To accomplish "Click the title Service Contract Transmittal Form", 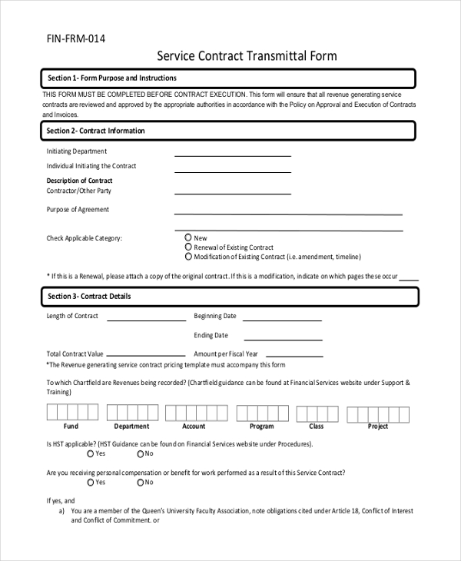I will [247, 56].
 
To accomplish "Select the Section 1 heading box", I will [228, 78].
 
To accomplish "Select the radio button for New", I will [189, 238].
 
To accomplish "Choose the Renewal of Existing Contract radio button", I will [189, 247].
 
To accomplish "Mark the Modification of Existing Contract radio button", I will [189, 257].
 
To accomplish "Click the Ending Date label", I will [211, 336].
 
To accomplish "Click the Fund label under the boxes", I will [71, 427].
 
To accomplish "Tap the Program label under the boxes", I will [261, 427].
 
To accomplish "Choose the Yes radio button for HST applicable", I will [91, 454].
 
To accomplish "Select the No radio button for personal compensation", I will [140, 483].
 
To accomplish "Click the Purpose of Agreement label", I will [78, 210].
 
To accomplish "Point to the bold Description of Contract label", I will [79, 181].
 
